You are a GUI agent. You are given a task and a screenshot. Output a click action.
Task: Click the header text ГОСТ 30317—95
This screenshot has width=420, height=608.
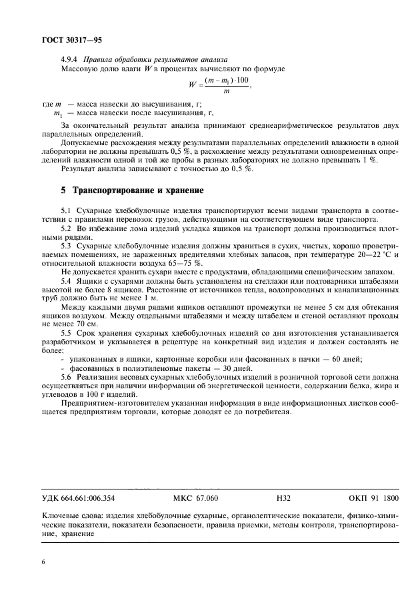pos(65,41)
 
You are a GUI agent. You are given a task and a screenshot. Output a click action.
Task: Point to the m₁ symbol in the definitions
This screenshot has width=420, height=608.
pos(57,114)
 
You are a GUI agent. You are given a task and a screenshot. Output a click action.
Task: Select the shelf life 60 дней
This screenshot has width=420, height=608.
pos(347,360)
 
